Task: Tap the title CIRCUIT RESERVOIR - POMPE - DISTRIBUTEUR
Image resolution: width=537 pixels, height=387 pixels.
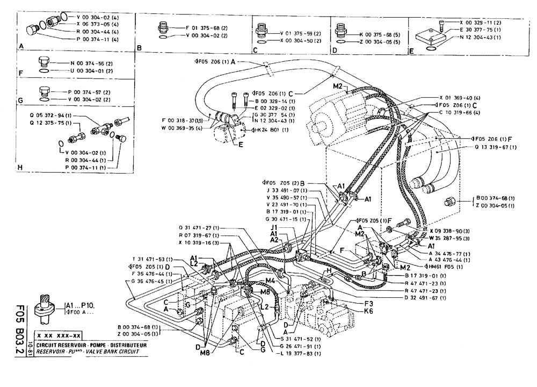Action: click(x=86, y=345)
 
